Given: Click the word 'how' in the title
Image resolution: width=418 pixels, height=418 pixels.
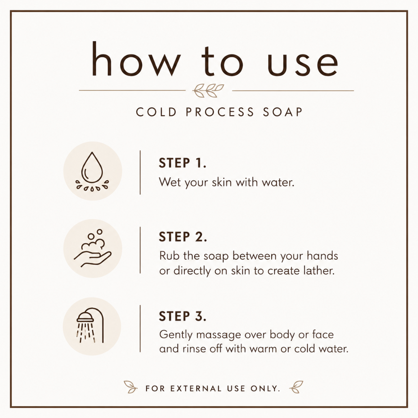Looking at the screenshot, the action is tap(136, 59).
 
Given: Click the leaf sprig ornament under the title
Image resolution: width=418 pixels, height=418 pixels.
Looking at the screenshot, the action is tap(208, 90).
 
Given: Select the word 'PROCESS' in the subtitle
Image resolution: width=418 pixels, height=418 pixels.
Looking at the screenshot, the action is tap(220, 112).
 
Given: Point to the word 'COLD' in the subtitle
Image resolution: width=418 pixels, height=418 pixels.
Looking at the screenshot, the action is tap(156, 112).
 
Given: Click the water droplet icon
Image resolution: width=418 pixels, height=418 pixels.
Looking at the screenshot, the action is tap(92, 171).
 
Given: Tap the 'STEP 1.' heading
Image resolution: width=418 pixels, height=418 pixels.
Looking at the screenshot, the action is tap(183, 163).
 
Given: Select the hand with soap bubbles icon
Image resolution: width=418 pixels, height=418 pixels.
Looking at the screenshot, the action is tap(93, 248).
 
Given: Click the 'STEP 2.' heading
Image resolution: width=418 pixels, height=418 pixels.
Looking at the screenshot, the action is tap(183, 237).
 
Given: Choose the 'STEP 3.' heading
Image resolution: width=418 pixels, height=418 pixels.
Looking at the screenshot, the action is tap(183, 316).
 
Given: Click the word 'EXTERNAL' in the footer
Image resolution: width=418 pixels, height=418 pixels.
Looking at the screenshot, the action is tap(196, 389).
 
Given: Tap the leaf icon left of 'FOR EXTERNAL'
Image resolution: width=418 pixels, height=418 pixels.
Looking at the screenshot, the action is tap(131, 387).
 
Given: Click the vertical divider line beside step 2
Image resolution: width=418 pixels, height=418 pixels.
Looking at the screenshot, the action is tap(140, 250).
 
